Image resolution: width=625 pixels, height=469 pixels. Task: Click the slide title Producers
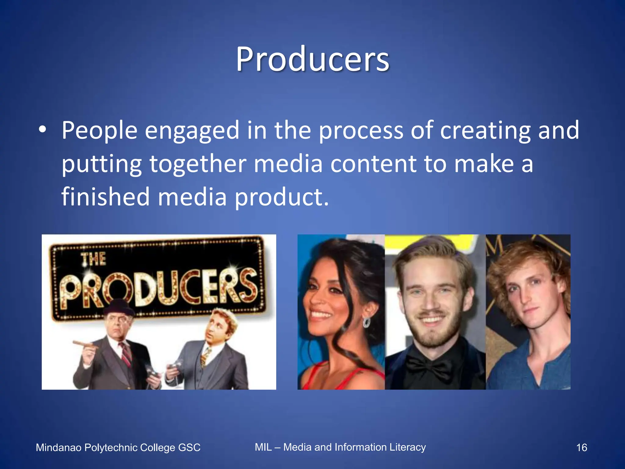[312, 59]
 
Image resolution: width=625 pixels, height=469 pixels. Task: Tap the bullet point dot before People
[42, 130]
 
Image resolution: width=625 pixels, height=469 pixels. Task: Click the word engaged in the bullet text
[192, 131]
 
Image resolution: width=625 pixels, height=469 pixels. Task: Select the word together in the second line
[198, 164]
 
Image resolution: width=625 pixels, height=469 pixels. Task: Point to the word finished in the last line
[106, 197]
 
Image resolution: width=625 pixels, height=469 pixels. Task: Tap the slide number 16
[581, 448]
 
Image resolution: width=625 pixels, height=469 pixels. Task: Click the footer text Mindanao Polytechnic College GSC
[118, 448]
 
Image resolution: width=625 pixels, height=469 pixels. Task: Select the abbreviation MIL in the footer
[263, 447]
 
